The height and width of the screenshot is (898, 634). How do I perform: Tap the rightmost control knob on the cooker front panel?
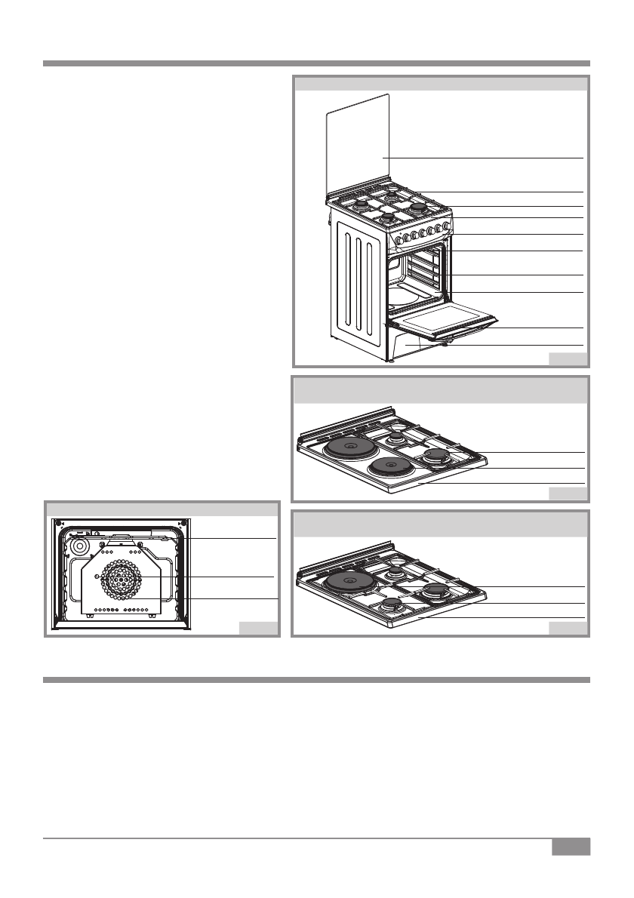tap(448, 225)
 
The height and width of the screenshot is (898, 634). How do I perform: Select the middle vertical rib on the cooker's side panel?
tap(360, 286)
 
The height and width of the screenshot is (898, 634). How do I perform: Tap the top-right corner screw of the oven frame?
tap(183, 523)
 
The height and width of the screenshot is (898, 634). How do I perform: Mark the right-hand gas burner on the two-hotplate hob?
tap(436, 455)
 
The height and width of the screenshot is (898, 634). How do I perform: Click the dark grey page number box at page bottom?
tap(570, 847)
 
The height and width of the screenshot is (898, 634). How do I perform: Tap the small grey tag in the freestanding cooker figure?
tap(568, 358)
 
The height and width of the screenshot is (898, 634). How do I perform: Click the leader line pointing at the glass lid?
tap(483, 157)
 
